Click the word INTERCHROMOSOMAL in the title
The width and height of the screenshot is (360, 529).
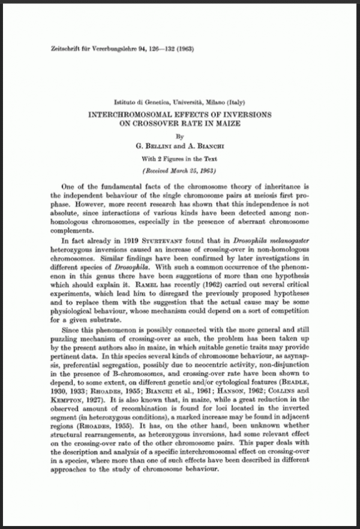pos(139,114)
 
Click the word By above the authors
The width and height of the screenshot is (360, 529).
pos(179,136)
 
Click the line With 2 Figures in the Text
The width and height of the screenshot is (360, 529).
pos(179,159)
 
